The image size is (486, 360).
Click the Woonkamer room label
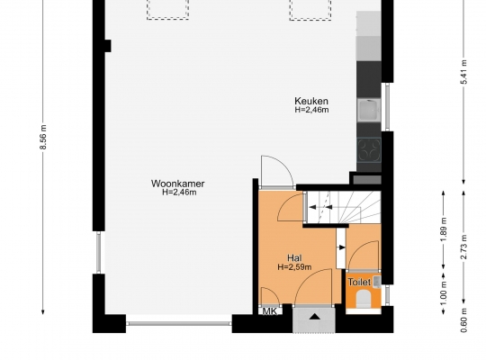(178, 184)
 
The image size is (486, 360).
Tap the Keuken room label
(311, 101)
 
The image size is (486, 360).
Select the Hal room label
(294, 258)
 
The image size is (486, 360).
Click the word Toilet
(359, 283)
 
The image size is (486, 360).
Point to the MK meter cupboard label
(270, 311)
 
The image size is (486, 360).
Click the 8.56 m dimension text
(43, 137)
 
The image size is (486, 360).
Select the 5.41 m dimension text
(464, 72)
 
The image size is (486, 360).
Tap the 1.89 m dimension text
(444, 229)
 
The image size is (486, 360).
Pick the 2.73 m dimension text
(464, 247)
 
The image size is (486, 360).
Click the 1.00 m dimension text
(444, 293)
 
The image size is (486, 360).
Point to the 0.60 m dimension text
(464, 320)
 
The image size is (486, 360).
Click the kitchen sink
(369, 110)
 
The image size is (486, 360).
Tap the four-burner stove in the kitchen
(369, 150)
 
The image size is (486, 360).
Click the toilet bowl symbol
(363, 299)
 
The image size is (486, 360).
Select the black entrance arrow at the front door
(315, 317)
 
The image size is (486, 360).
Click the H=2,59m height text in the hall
(294, 266)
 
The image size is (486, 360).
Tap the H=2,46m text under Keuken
(311, 110)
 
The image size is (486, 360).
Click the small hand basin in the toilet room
(377, 282)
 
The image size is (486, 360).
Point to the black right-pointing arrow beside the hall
(342, 247)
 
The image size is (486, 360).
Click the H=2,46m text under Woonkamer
(179, 193)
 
